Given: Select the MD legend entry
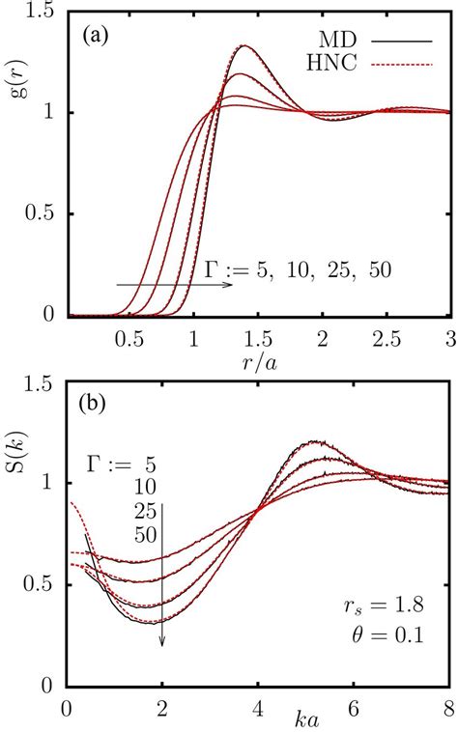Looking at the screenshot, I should coord(362,44).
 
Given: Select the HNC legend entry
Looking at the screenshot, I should coord(362,65).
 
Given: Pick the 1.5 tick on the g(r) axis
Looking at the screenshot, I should coord(43,11).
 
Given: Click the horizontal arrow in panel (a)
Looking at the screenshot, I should coord(174,285).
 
